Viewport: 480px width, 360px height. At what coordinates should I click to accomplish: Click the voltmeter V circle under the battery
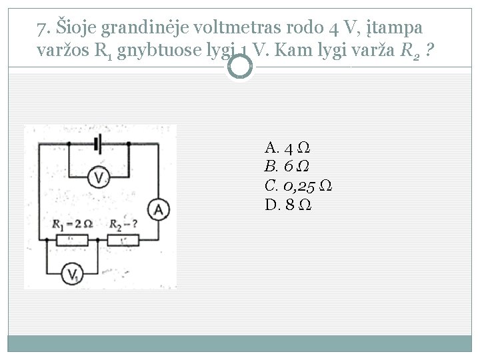pyautogui.click(x=99, y=177)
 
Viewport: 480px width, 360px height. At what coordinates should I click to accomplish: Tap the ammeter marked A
pyautogui.click(x=159, y=211)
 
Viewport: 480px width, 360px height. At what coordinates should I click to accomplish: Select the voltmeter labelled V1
pyautogui.click(x=74, y=273)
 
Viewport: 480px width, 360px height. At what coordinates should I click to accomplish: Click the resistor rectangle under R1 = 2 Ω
pyautogui.click(x=73, y=239)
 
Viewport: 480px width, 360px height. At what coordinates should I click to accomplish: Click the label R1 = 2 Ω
pyautogui.click(x=72, y=224)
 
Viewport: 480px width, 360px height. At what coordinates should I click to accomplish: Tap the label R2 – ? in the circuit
pyautogui.click(x=124, y=224)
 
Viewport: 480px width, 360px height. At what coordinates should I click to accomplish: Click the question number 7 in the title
pyautogui.click(x=43, y=29)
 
